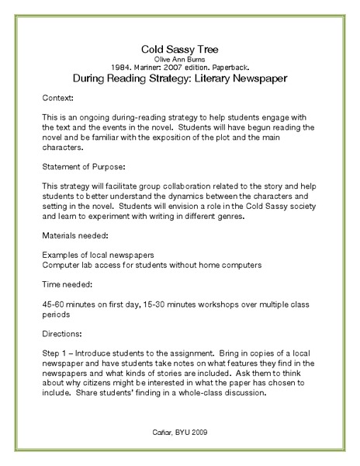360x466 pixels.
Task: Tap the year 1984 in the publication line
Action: (x=135, y=67)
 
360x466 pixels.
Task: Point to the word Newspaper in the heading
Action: (x=252, y=78)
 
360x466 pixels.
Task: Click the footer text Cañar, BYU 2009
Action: (x=180, y=431)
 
